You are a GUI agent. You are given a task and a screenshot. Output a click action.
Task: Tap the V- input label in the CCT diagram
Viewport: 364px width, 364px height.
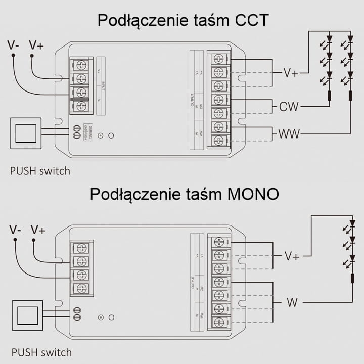14,45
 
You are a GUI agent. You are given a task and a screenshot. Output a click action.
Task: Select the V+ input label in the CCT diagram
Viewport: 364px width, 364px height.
36,45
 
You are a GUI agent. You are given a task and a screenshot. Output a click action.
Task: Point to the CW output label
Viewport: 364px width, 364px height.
289,107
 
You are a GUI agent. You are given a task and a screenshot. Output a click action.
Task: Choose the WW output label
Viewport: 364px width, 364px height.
289,134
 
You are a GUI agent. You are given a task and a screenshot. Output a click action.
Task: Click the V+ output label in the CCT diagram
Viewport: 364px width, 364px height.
290,73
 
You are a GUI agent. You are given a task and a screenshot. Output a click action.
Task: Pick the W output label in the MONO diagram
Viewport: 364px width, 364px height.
292,303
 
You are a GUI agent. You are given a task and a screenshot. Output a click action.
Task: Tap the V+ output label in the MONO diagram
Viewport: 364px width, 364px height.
292,256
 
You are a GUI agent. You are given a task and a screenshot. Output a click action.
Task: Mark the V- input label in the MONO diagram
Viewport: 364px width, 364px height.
15,230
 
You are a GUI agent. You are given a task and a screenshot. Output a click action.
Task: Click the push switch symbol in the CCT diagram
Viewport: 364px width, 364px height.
26,133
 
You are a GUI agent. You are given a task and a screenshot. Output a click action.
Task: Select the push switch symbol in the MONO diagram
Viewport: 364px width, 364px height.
27,316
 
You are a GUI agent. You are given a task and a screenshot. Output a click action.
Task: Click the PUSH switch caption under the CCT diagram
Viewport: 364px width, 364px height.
40,171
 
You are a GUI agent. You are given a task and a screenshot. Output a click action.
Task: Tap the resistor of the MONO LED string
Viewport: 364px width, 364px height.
352,279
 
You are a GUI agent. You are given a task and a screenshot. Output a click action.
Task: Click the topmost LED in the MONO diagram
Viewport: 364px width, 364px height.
352,224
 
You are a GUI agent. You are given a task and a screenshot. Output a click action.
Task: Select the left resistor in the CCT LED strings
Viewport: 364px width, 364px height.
329,96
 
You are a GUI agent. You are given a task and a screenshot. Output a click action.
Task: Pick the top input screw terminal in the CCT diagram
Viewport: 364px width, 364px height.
81,65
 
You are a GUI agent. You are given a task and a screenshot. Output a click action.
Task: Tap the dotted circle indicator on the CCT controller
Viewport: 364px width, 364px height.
100,135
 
